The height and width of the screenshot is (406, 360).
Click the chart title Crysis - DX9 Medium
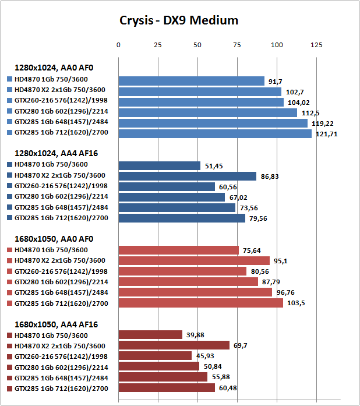pyautogui.click(x=179, y=20)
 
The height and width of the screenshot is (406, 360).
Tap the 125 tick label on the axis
pyautogui.click(x=316, y=44)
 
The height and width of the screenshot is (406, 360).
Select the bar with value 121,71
pyautogui.click(x=215, y=134)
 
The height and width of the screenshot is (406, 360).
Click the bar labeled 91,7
pyautogui.click(x=191, y=81)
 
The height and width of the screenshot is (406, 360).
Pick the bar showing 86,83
pyautogui.click(x=187, y=176)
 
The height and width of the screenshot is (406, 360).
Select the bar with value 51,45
pyautogui.click(x=159, y=165)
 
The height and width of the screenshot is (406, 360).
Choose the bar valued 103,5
pyautogui.click(x=200, y=303)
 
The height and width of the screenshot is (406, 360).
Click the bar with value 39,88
pyautogui.click(x=150, y=334)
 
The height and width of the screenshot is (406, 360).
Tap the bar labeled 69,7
pyautogui.click(x=174, y=345)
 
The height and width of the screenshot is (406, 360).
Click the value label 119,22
pyautogui.click(x=322, y=123)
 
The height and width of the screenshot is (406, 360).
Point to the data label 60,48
pyautogui.click(x=230, y=388)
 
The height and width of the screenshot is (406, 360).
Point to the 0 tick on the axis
pyautogui.click(x=118, y=44)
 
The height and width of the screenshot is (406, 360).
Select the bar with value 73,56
pyautogui.click(x=177, y=207)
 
